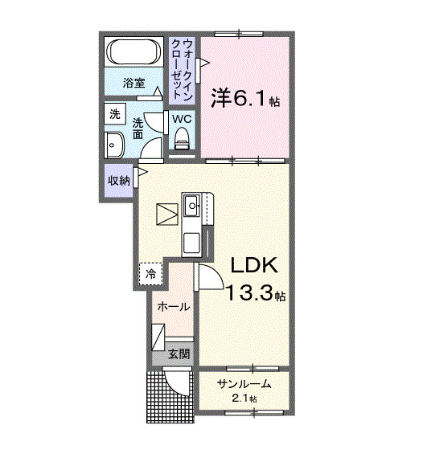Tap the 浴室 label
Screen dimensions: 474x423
pos(133,83)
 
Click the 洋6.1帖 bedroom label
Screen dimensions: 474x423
pos(245,99)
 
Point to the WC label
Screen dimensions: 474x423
pos(181,118)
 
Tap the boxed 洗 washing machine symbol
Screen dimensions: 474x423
pos(114,115)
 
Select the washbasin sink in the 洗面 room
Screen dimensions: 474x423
pos(113,146)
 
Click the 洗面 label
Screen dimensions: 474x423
pos(138,129)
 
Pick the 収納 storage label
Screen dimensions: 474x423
pos(119,181)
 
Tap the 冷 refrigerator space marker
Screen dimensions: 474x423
pos(150,275)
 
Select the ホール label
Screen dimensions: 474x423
pos(173,307)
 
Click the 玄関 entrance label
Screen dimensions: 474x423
pos(179,353)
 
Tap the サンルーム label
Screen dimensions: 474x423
pos(243,384)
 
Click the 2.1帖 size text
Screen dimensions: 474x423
pos(244,398)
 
